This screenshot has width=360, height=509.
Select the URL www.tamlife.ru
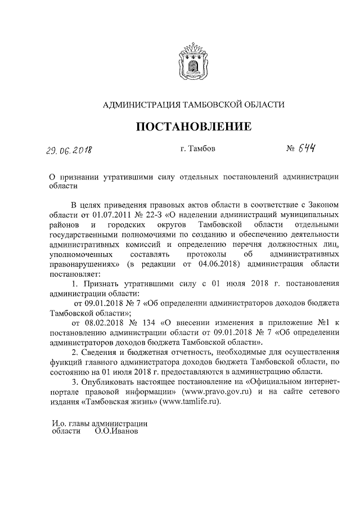click(183, 402)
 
